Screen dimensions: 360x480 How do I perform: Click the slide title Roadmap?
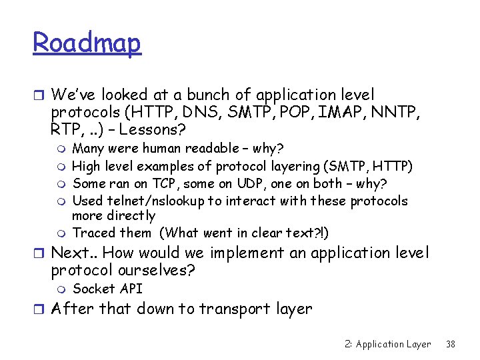pyautogui.click(x=87, y=43)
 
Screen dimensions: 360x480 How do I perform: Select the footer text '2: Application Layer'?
pyautogui.click(x=388, y=344)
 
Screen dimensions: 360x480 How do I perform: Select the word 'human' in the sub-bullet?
pyautogui.click(x=159, y=148)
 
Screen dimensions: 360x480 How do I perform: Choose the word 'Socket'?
pyautogui.click(x=94, y=289)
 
